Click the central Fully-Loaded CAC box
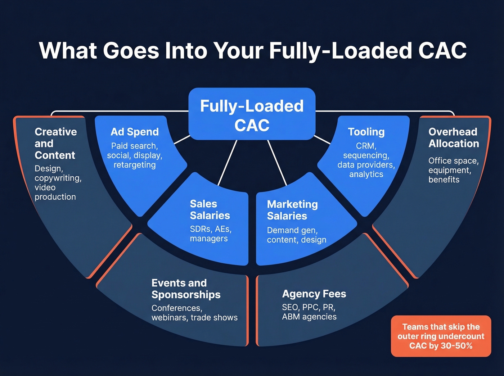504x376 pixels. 252,114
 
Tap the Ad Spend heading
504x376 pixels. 135,132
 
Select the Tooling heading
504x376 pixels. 366,132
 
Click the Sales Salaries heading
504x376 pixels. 210,209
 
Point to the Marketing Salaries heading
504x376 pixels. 292,210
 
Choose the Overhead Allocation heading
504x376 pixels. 453,137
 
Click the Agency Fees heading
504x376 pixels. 314,294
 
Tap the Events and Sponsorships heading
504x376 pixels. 186,289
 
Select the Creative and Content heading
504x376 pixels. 55,143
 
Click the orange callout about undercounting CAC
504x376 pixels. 441,336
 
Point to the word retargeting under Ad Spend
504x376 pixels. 135,165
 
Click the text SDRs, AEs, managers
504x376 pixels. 210,234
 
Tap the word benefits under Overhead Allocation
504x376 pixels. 444,180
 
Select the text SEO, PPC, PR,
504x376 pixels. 309,307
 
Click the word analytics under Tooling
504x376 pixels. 366,174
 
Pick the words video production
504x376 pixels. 55,192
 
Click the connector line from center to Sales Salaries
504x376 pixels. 228,163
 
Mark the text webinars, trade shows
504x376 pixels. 194,318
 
